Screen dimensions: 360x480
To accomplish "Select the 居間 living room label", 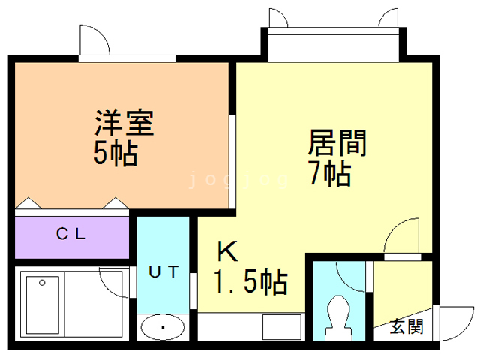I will (x=337, y=142).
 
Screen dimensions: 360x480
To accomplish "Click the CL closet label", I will (x=72, y=233).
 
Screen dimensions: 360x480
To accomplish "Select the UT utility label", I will (x=163, y=271).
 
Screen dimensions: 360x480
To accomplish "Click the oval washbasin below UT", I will (x=162, y=327).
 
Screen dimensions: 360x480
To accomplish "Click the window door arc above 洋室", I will (x=96, y=39).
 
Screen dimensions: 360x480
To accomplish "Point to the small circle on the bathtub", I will (x=43, y=282).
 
